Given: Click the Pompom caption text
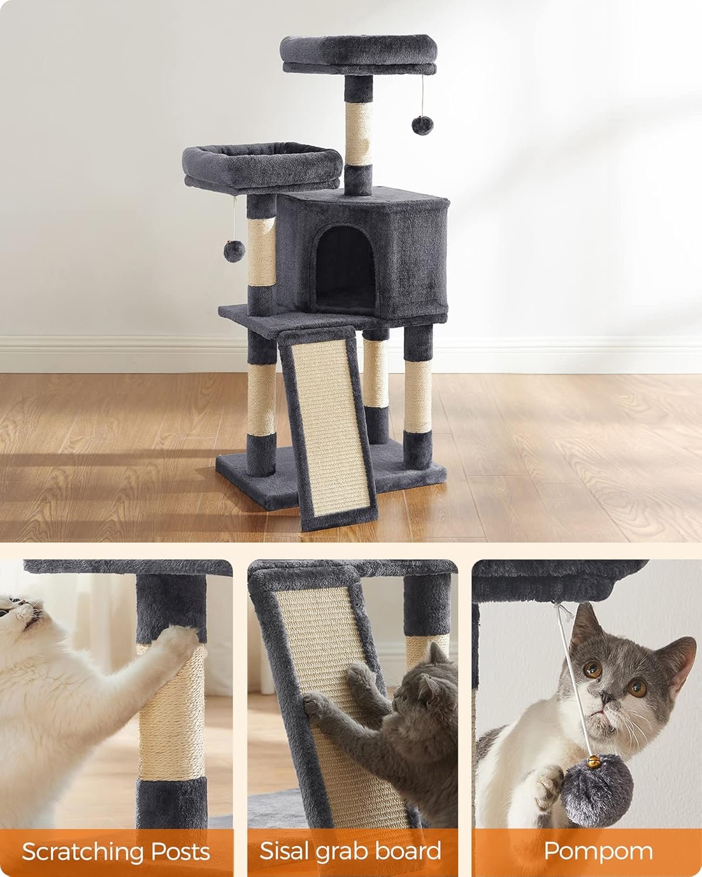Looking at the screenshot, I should (x=598, y=852).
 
